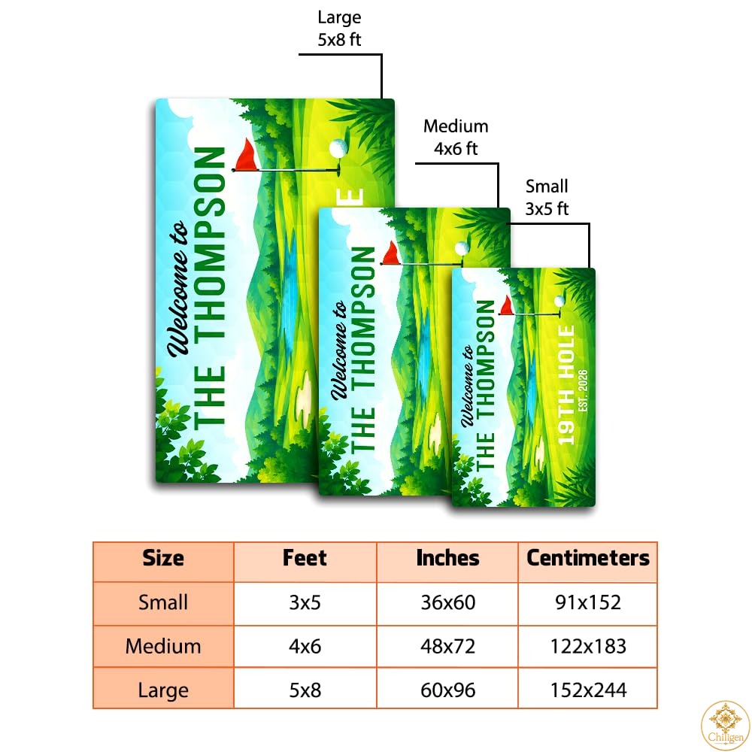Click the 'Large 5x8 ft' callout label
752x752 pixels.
pos(339,29)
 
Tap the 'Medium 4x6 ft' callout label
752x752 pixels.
pos(456,137)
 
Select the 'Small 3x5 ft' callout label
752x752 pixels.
pos(547,197)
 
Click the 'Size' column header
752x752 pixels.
pos(163,558)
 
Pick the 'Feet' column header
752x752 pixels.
pos(305,558)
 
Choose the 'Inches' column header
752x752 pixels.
pos(447,558)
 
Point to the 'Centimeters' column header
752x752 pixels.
pos(588,558)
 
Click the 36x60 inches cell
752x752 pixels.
pos(448,602)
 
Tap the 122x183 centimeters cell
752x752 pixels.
pos(588,647)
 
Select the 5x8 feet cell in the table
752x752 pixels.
pos(305,690)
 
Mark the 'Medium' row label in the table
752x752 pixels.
pos(163,647)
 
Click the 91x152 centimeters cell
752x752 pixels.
pos(588,602)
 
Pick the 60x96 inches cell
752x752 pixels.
pos(448,690)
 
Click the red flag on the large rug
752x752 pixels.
pos(246,155)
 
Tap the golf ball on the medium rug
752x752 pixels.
pos(462,248)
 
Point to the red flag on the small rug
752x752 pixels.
pos(506,305)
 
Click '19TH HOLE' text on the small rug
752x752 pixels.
pos(566,385)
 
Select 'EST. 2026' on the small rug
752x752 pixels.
pos(583,390)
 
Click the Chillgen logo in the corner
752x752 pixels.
pos(725,725)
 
